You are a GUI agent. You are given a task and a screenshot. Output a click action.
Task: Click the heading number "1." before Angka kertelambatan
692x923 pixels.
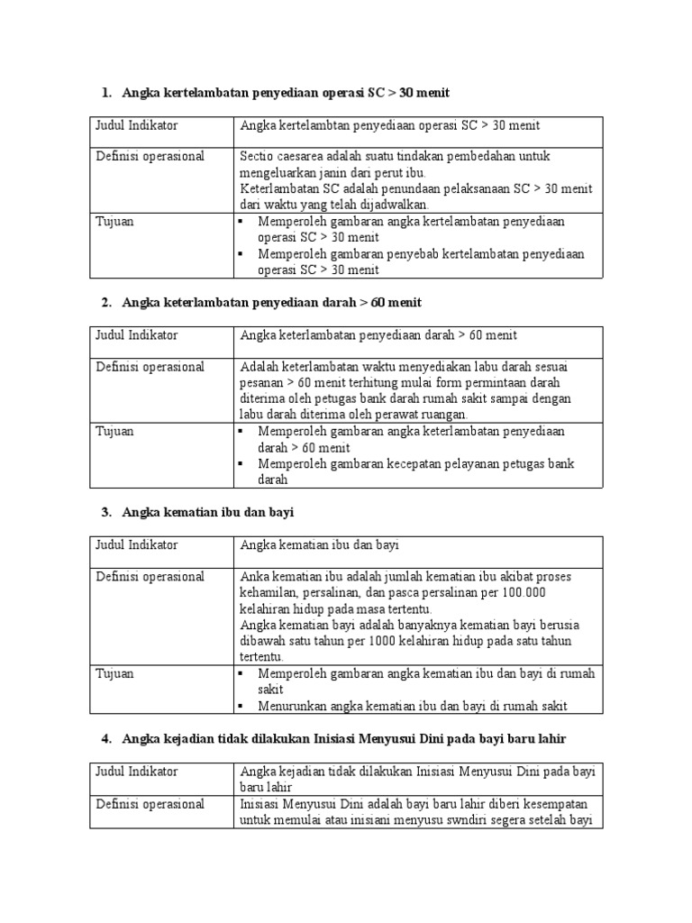(x=106, y=93)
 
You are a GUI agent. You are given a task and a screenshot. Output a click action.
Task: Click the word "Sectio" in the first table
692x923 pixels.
(x=256, y=157)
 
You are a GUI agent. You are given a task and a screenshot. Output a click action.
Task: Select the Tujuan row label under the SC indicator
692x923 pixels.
(x=114, y=222)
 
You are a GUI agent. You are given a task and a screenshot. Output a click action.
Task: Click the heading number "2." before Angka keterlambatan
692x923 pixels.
(x=106, y=303)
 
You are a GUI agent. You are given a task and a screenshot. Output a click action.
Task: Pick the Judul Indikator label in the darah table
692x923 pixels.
(x=137, y=336)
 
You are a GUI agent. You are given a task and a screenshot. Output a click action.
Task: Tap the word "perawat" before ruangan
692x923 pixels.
(x=403, y=415)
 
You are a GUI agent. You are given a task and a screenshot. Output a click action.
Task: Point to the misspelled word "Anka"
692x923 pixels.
(x=254, y=577)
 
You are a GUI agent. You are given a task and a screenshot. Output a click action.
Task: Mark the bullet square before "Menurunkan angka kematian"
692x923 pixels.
(x=244, y=706)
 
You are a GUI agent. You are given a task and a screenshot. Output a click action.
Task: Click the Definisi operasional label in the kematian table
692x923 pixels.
(x=150, y=577)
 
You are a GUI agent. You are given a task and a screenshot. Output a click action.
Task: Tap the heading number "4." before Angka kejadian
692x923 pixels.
(x=106, y=739)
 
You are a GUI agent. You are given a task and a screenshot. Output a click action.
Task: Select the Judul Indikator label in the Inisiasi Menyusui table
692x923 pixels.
(x=137, y=772)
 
